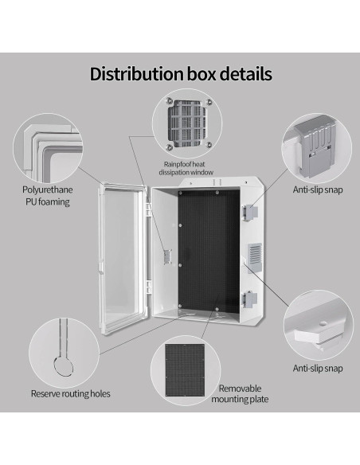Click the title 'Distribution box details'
(180, 74)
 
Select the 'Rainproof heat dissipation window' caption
(182, 168)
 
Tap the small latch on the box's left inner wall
(167, 256)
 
